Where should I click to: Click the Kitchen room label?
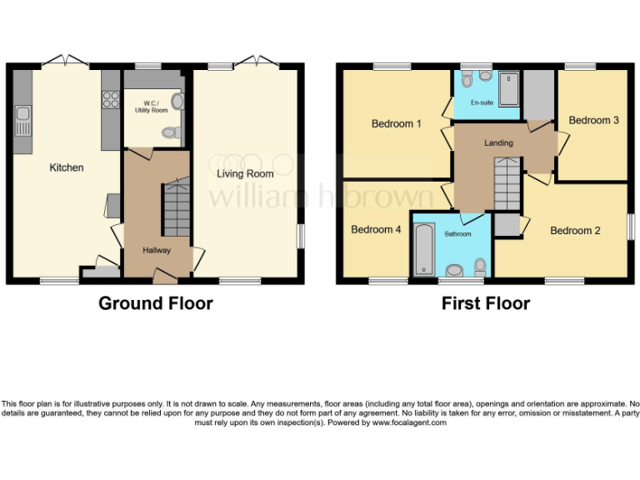(67, 167)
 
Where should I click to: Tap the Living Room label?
(245, 174)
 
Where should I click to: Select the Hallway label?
(156, 249)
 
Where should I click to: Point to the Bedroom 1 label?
(396, 124)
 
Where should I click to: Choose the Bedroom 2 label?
(575, 231)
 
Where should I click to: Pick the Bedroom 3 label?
(593, 120)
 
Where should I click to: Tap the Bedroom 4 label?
(376, 230)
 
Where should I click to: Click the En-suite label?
(481, 103)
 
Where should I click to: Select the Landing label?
(498, 143)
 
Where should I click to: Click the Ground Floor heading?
(156, 303)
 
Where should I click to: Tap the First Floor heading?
(485, 303)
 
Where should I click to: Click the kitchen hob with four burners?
(110, 101)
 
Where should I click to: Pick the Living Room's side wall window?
(301, 236)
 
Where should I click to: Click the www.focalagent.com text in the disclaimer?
(408, 422)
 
